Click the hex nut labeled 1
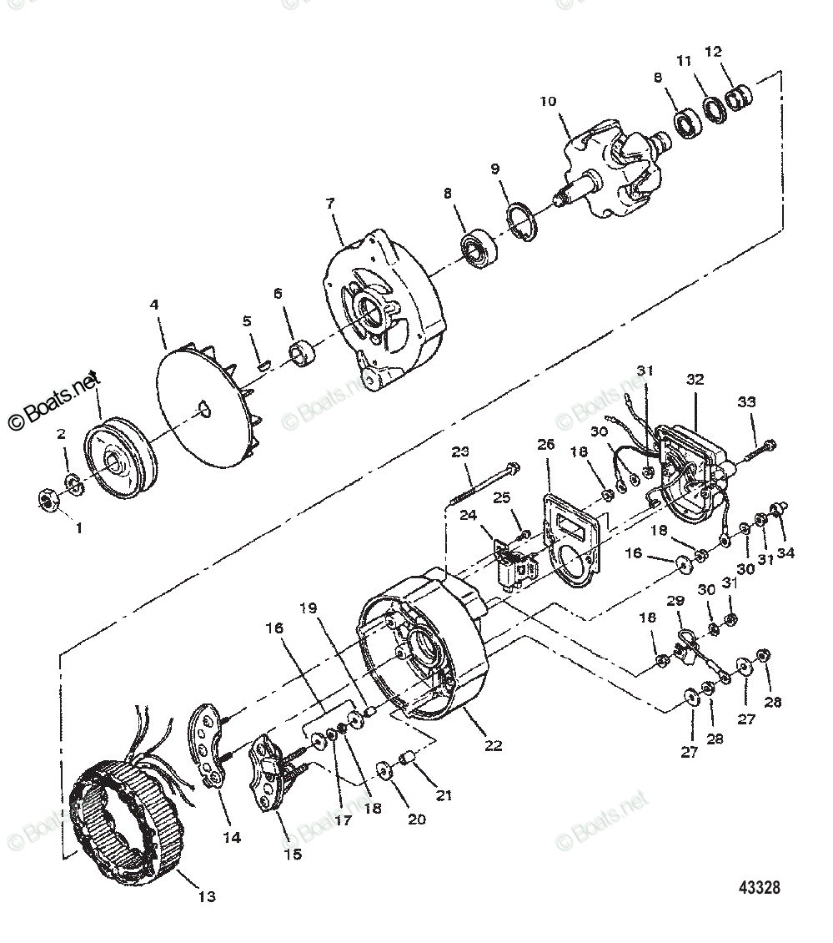pos(47,500)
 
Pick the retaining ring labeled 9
pos(524,224)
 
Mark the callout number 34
pos(786,552)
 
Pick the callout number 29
pos(675,601)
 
